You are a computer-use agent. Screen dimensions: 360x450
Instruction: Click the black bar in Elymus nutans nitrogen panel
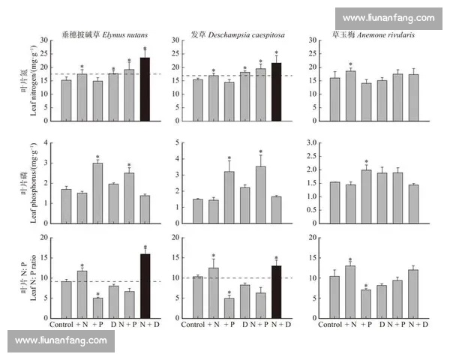tap(145, 90)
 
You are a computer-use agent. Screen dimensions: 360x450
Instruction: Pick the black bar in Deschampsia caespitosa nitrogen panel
tap(275, 93)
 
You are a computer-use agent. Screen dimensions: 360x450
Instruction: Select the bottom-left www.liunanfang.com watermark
tap(61, 340)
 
